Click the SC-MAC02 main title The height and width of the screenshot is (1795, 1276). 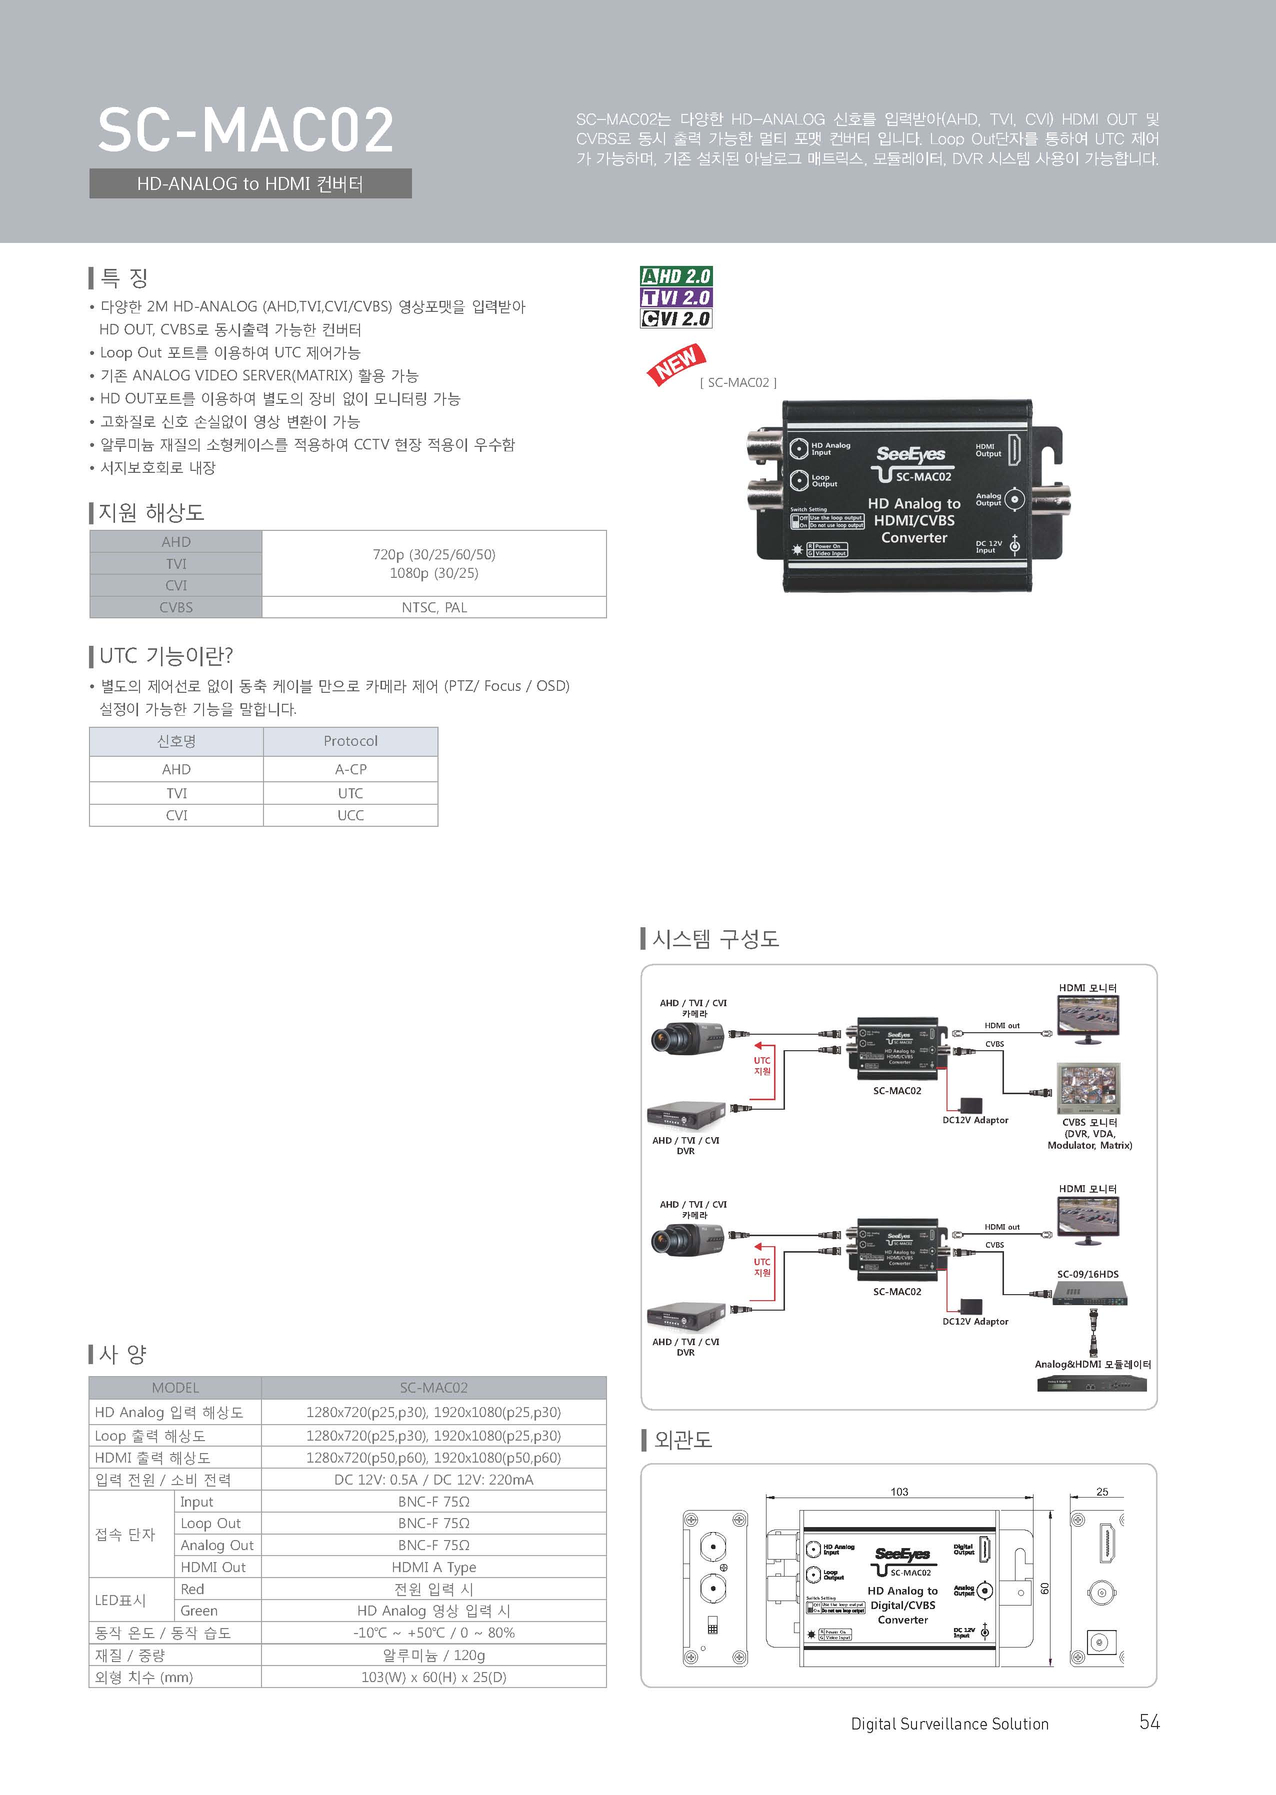245,131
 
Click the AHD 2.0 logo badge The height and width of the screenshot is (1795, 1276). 675,276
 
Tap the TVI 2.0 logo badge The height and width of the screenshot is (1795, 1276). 675,297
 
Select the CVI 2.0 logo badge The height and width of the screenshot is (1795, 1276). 675,318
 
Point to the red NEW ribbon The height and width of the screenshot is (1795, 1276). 675,364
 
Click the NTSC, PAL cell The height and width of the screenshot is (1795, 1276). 433,607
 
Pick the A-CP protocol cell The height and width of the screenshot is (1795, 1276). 350,769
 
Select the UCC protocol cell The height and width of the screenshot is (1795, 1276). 350,815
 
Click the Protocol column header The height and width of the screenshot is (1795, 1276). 350,741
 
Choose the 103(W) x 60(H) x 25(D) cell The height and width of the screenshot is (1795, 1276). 433,1677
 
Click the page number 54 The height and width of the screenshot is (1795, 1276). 1149,1722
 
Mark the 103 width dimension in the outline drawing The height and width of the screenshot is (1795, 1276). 899,1492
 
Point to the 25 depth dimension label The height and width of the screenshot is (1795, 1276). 1101,1492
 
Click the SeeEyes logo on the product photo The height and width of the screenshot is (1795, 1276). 910,454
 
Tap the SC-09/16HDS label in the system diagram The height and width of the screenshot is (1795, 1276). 1087,1274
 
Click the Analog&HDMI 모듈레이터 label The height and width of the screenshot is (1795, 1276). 1092,1365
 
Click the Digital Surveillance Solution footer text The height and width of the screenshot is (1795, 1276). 949,1724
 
